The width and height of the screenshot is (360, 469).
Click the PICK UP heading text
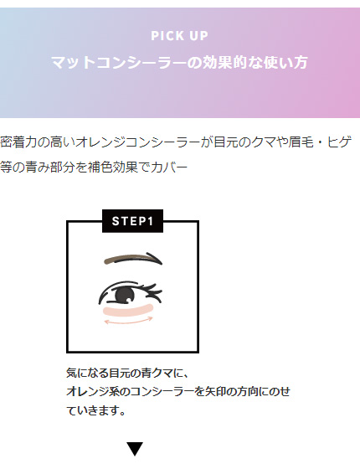[x=179, y=35]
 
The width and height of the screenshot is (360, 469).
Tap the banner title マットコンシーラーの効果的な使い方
[x=179, y=62]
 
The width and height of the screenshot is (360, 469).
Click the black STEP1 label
[x=133, y=221]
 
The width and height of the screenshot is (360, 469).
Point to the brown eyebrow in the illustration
[x=133, y=259]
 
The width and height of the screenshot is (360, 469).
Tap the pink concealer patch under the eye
[x=129, y=310]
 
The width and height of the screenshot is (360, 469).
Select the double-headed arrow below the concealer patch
[x=129, y=322]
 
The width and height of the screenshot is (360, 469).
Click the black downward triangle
[x=135, y=449]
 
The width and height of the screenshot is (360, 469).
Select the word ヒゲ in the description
[x=339, y=142]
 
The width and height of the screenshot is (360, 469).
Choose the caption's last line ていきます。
[x=95, y=410]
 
